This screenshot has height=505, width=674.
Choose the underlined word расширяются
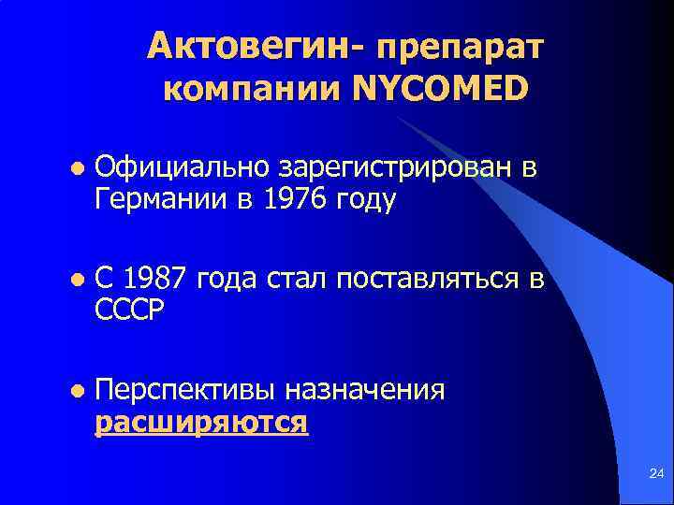(x=200, y=422)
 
